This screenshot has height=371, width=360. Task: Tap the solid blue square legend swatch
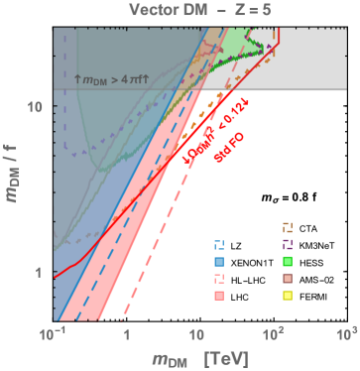(219, 261)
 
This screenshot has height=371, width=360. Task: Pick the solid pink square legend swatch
(219, 296)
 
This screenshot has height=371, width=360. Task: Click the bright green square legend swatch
(289, 261)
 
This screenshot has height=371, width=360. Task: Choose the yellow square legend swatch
(289, 296)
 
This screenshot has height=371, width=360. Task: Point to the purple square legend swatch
(289, 244)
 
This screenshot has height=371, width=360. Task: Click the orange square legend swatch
(289, 227)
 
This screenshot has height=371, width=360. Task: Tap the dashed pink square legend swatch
(219, 279)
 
